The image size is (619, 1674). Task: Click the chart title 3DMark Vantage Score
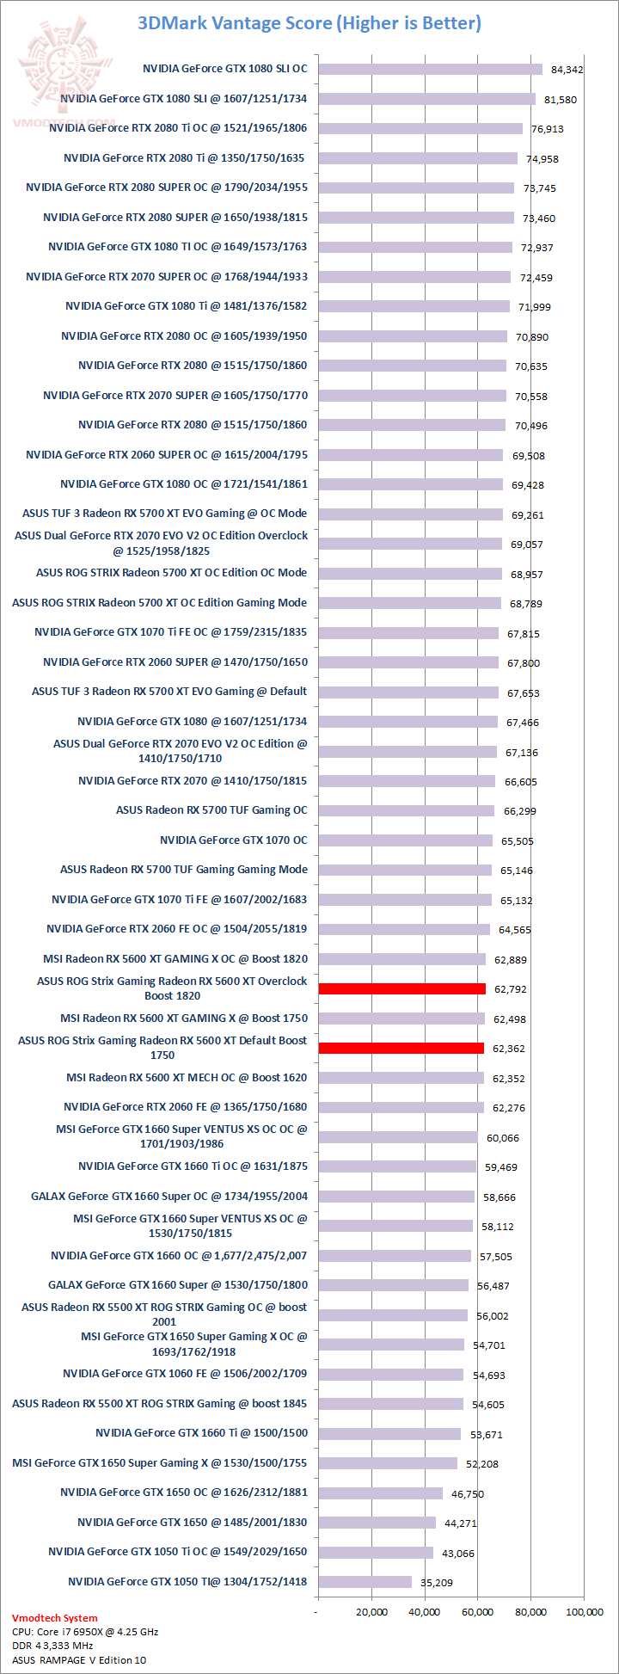309,23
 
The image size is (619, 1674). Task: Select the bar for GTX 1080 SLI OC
430,69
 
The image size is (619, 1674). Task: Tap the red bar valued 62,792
401,988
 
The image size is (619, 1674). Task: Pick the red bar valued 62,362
401,1048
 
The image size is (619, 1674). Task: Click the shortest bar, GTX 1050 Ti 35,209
365,1581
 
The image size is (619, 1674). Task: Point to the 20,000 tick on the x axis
371,1611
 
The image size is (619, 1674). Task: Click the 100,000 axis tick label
584,1611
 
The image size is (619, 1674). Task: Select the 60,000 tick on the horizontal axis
478,1611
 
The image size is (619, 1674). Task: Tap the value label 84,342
567,70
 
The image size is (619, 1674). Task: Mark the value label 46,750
468,1494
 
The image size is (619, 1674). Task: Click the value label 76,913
548,129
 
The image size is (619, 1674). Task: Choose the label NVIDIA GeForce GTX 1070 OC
233,840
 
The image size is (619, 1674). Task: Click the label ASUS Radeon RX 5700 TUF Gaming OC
211,809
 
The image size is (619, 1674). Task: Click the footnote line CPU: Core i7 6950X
85,1631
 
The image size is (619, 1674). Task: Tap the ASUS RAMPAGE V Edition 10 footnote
79,1659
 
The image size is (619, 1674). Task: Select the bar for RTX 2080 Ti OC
420,128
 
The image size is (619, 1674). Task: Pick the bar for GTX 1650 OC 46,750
380,1492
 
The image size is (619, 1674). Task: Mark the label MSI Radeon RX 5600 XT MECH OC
187,1077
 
